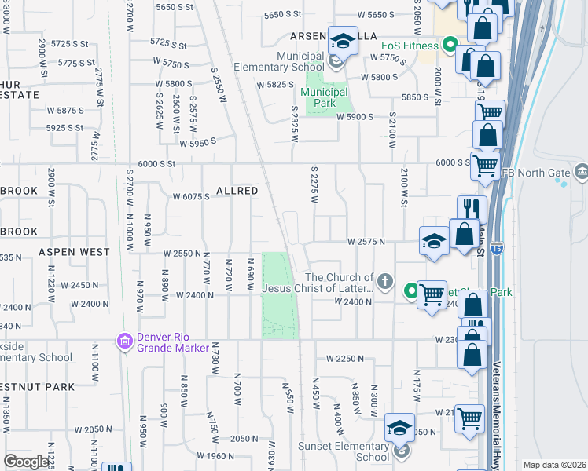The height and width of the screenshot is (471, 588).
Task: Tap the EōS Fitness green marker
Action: click(450, 45)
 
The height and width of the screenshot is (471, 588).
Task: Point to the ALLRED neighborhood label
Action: click(237, 191)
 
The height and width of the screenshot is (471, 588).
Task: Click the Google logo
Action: click(26, 461)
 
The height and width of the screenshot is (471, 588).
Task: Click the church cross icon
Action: click(384, 280)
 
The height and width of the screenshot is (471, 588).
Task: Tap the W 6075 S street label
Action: click(191, 197)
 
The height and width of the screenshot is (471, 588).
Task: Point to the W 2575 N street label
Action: click(366, 242)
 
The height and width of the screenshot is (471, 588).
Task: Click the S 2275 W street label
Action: click(314, 186)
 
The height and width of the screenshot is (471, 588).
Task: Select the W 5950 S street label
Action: click(197, 143)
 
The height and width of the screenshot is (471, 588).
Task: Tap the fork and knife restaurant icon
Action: click(472, 208)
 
